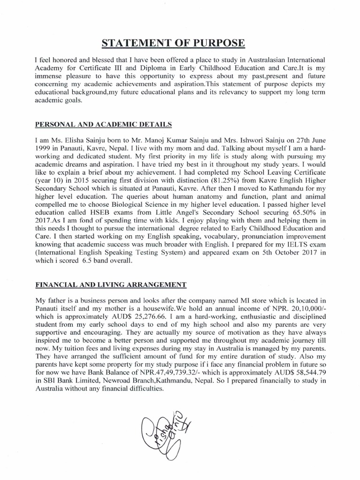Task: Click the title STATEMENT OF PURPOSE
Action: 180,44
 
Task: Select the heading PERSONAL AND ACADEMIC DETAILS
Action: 103,124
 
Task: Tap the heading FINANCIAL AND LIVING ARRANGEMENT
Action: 111,285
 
